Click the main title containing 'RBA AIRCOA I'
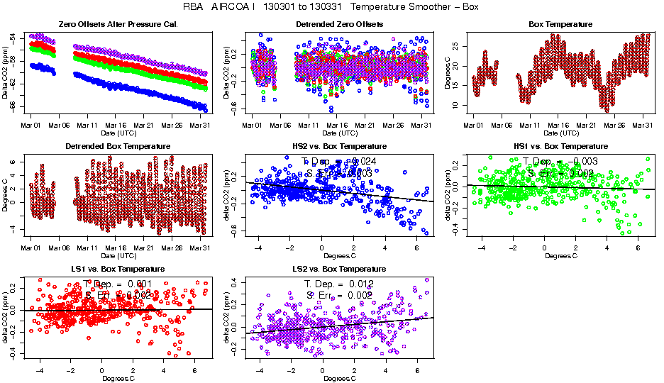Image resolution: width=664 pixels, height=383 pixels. pyautogui.click(x=332, y=7)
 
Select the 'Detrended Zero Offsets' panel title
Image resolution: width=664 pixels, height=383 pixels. pyautogui.click(x=339, y=24)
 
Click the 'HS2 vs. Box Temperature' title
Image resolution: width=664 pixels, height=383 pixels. pyautogui.click(x=339, y=146)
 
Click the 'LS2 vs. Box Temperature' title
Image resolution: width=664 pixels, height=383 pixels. pyautogui.click(x=339, y=270)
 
